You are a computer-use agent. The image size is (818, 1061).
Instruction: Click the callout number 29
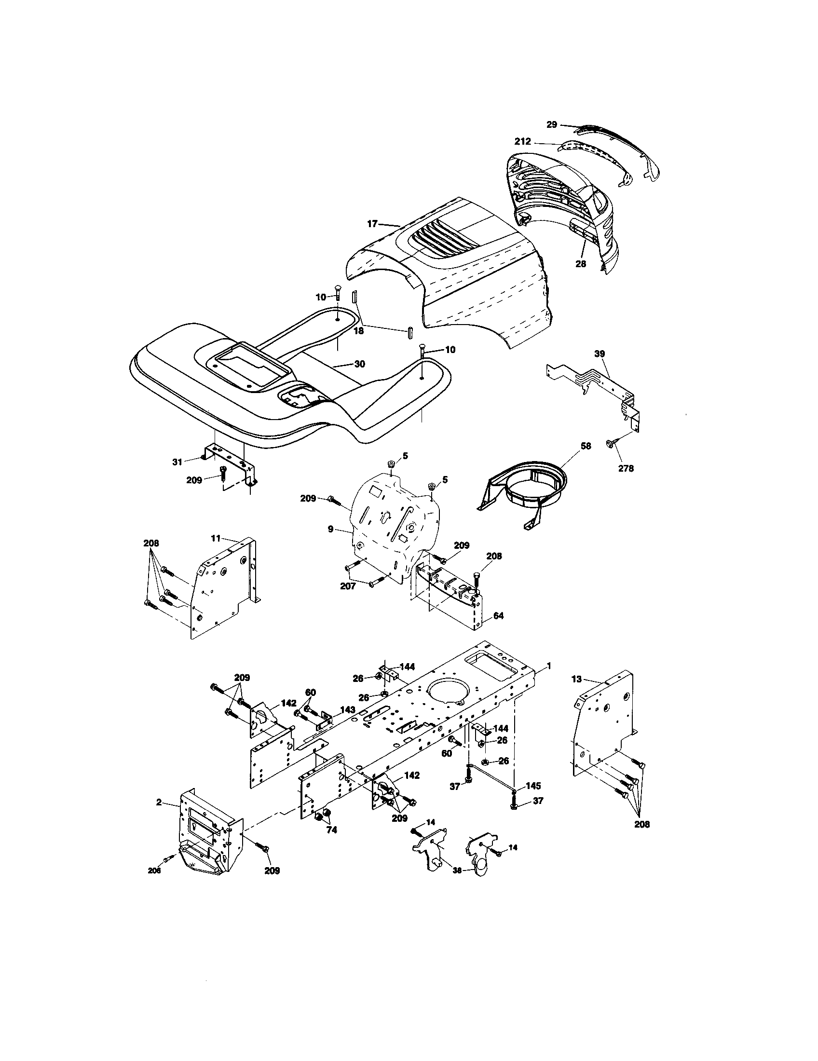pyautogui.click(x=551, y=125)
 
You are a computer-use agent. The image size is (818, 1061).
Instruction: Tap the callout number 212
pyautogui.click(x=523, y=142)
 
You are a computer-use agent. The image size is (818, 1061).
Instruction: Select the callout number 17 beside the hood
pyautogui.click(x=372, y=224)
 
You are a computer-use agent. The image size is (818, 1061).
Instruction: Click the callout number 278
pyautogui.click(x=626, y=469)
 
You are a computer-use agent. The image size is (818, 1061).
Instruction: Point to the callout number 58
pyautogui.click(x=586, y=446)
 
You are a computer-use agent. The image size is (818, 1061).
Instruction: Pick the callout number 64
pyautogui.click(x=498, y=615)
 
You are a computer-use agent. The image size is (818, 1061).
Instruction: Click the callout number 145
pyautogui.click(x=533, y=786)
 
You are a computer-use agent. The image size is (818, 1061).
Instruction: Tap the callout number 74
pyautogui.click(x=331, y=830)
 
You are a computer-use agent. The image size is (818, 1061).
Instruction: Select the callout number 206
pyautogui.click(x=154, y=871)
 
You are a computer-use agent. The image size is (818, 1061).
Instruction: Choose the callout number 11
pyautogui.click(x=216, y=538)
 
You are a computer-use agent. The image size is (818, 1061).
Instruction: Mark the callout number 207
pyautogui.click(x=348, y=586)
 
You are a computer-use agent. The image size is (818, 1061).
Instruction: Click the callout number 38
pyautogui.click(x=456, y=871)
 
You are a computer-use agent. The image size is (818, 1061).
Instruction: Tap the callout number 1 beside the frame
pyautogui.click(x=549, y=667)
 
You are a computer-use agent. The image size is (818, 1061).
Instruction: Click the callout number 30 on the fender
pyautogui.click(x=359, y=364)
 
